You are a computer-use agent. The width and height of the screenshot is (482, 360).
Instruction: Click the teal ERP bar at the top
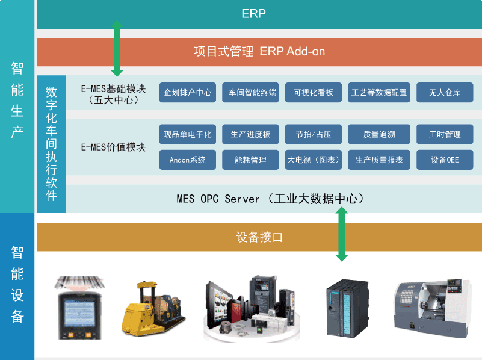point(259,14)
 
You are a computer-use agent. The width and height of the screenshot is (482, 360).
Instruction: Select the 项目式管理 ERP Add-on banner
point(259,52)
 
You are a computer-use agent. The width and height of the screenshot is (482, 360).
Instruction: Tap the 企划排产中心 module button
point(188,93)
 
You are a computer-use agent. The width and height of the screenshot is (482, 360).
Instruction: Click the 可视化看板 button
point(314,93)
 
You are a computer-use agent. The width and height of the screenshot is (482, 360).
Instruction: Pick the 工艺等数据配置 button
point(379,93)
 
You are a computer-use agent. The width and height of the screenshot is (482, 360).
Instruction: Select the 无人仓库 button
point(445,93)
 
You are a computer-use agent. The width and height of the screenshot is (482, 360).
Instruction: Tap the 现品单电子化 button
point(188,134)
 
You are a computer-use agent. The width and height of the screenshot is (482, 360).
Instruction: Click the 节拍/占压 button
point(314,134)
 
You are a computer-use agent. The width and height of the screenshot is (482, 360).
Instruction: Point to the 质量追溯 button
point(379,134)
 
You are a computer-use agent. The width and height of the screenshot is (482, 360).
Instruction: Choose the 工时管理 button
point(445,134)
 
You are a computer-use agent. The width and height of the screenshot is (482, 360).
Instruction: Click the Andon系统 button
point(188,160)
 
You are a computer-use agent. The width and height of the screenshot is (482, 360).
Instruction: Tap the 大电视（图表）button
point(314,160)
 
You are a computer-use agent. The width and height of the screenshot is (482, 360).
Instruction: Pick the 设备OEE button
point(445,160)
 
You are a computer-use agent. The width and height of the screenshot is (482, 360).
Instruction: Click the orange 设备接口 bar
point(259,237)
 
